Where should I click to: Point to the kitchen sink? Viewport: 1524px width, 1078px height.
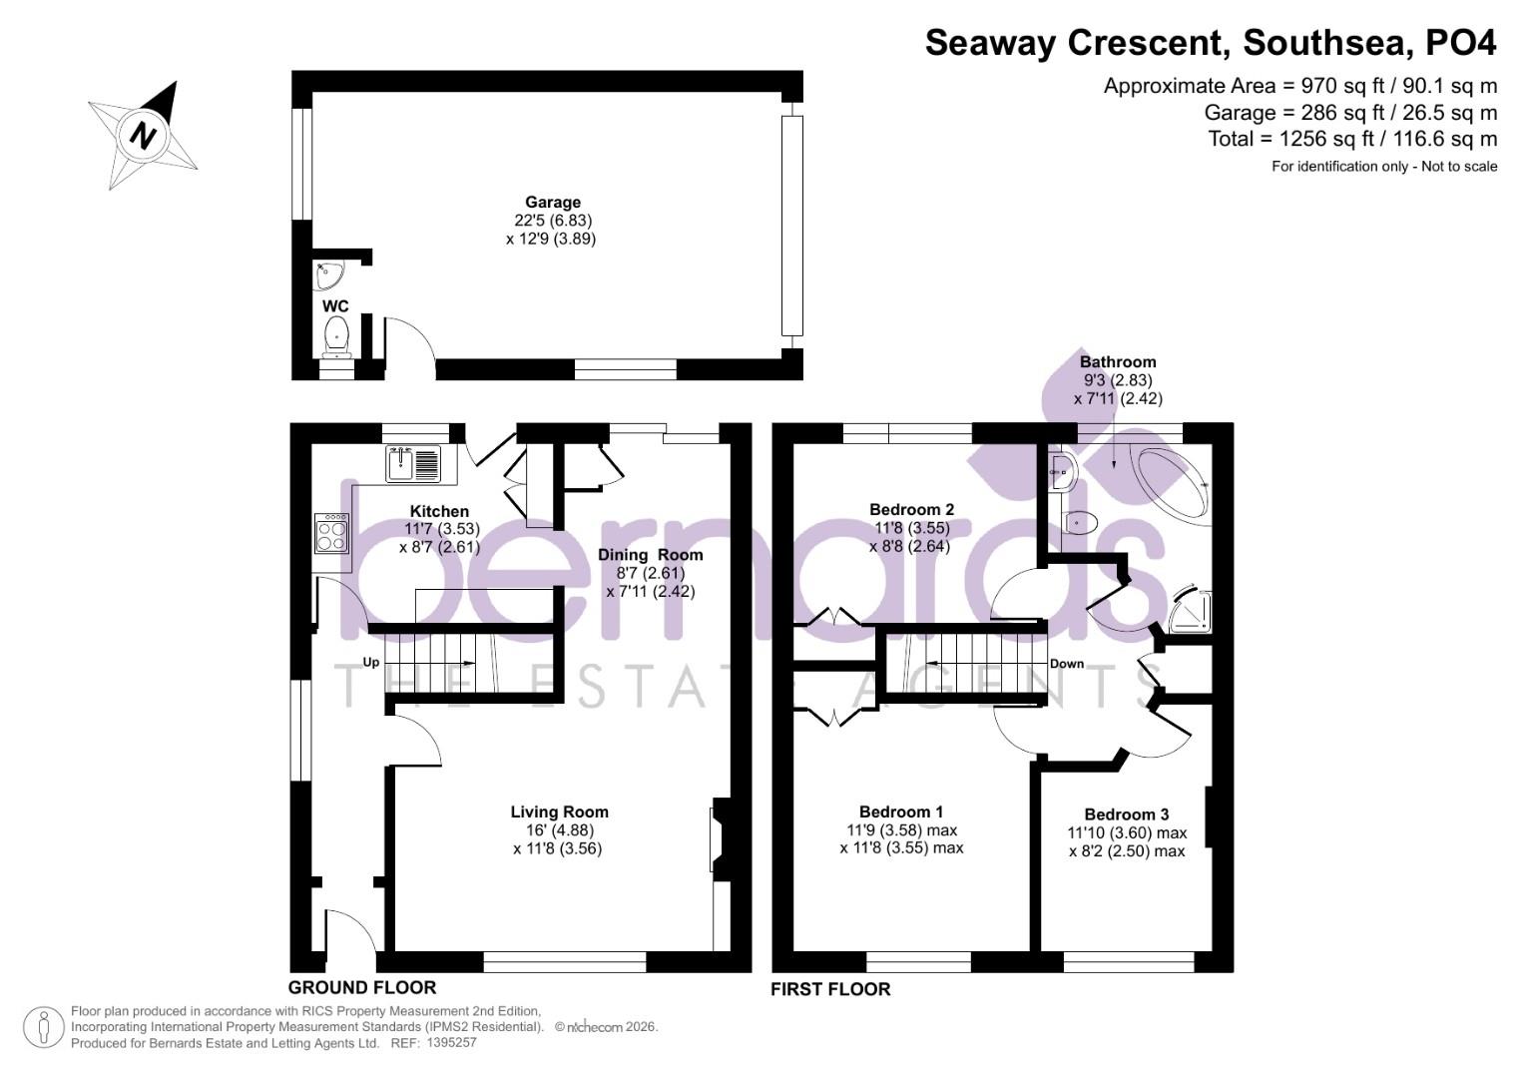point(412,464)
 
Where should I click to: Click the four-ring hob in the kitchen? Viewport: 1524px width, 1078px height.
point(331,534)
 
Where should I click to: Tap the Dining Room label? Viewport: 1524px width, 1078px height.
point(650,555)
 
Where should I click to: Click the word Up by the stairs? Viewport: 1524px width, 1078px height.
point(371,662)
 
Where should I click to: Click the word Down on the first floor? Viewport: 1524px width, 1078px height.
point(1066,664)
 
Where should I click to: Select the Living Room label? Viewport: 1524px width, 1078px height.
point(559,812)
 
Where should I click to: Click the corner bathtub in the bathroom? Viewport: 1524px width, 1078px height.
point(1170,483)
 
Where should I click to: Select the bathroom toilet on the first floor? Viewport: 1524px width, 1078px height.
point(1080,522)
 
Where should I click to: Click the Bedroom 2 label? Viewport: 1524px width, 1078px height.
point(911,510)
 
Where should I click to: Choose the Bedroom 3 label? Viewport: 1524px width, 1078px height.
point(1126,814)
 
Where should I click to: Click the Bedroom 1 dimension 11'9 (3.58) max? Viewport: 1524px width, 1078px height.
point(901,830)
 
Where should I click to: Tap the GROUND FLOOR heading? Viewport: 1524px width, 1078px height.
point(362,987)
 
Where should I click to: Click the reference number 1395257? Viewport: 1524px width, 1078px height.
point(451,1042)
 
